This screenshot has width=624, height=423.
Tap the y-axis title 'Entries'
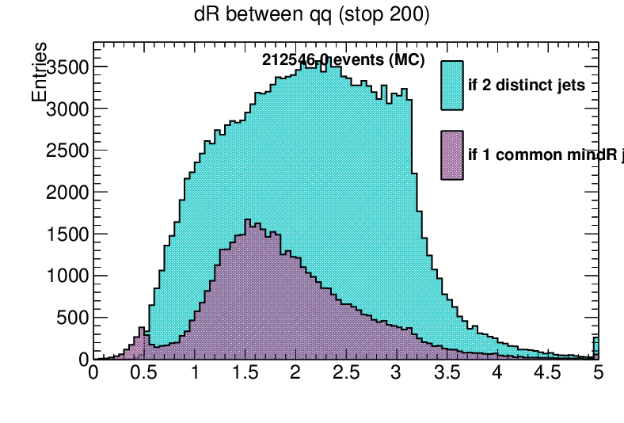coord(39,73)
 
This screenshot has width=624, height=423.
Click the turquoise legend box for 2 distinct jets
coord(452,85)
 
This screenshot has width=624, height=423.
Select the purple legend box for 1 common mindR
coord(452,154)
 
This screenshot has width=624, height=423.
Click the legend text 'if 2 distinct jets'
coord(527,86)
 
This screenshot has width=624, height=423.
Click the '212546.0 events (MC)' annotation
coord(344,61)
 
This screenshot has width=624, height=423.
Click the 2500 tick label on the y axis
coord(66,151)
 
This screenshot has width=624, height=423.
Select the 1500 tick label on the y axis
coord(66,234)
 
